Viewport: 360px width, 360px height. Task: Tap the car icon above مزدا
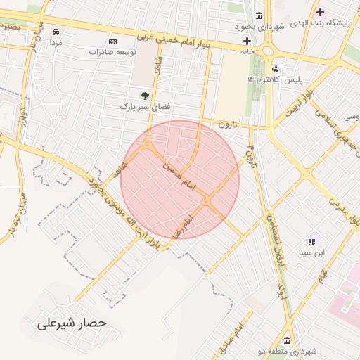(56, 32)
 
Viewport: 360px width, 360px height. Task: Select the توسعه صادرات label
(108, 52)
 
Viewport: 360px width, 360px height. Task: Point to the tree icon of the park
(145, 95)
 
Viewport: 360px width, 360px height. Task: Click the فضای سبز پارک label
(144, 107)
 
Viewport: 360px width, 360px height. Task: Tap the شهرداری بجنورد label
(260, 26)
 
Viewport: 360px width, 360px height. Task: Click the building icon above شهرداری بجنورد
(259, 15)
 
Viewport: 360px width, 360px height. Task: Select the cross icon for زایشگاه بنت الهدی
(321, 12)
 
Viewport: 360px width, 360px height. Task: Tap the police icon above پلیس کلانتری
(275, 69)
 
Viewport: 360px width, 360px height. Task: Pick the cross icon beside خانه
(247, 41)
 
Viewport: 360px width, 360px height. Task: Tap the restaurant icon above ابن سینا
(311, 240)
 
